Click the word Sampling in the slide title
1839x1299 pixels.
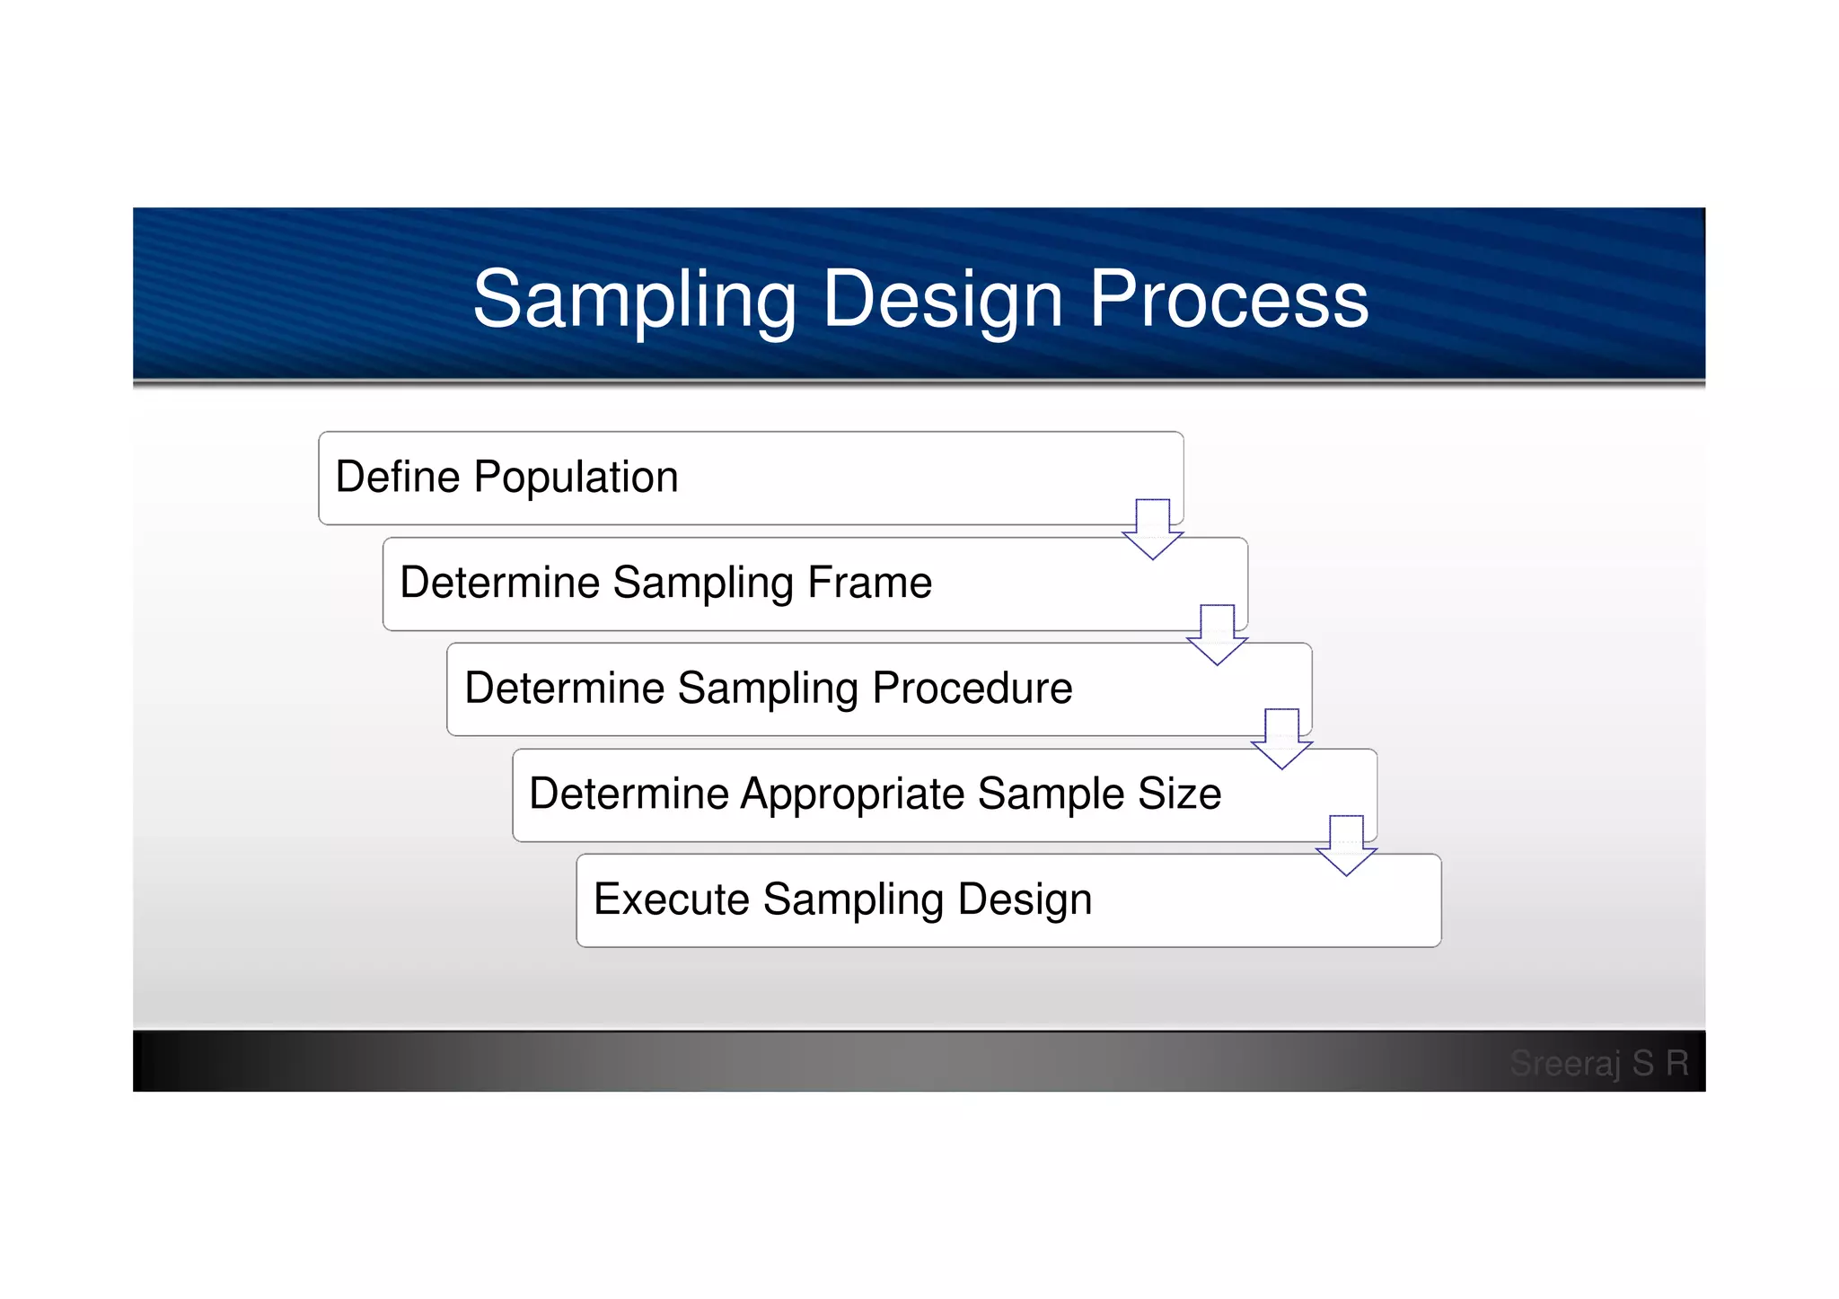pos(634,301)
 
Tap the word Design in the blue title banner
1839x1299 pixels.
pos(942,301)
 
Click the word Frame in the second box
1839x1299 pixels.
pos(869,583)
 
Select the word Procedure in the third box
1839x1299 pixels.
pos(972,689)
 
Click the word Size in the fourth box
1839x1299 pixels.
pos(1179,794)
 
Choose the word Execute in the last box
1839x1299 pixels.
pos(671,900)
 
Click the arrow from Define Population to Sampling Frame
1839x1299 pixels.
pos(1153,530)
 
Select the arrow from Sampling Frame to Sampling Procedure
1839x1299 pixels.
pos(1217,636)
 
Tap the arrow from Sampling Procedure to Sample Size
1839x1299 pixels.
pos(1281,740)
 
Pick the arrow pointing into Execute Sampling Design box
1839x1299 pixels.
pos(1346,846)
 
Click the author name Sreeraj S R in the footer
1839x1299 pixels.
pos(1598,1063)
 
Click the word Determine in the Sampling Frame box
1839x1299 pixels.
pos(499,583)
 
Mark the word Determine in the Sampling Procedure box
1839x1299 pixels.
pos(564,689)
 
